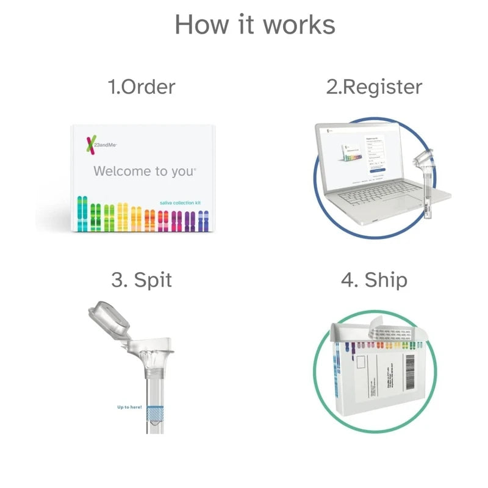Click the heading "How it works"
click(x=254, y=25)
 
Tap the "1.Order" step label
click(x=142, y=87)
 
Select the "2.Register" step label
click(x=373, y=87)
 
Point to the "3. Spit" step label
click(x=142, y=280)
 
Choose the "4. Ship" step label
click(x=373, y=280)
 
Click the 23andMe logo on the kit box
click(x=99, y=145)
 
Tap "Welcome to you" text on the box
click(x=145, y=171)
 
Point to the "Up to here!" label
click(x=129, y=407)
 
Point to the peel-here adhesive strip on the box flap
click(x=390, y=334)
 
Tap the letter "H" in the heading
click(x=184, y=25)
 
